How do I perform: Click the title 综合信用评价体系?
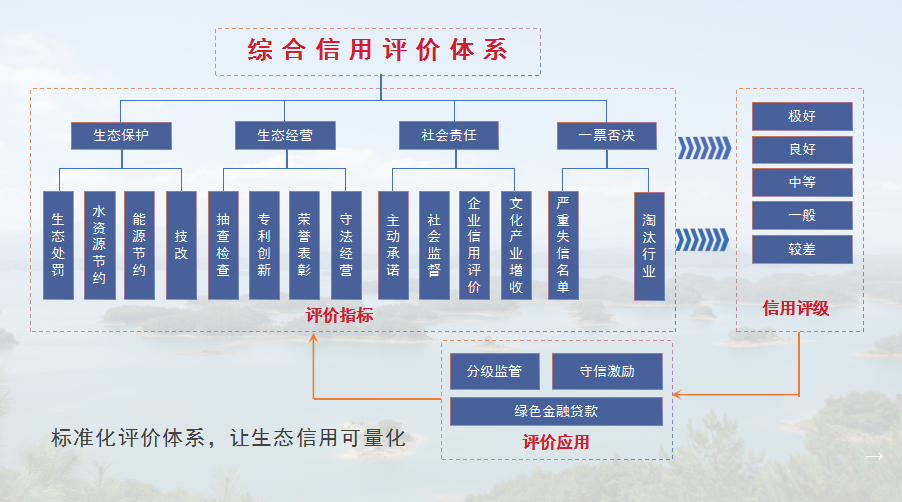point(378,51)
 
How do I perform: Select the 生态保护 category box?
point(121,135)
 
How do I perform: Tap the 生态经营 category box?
point(284,135)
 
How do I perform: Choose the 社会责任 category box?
point(448,135)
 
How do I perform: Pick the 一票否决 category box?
point(609,135)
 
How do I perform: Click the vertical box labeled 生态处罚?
point(59,245)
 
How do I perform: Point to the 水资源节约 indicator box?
point(99,245)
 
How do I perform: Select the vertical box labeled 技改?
point(181,245)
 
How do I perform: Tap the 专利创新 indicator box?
point(264,245)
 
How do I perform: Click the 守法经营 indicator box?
point(346,245)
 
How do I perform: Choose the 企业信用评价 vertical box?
point(475,245)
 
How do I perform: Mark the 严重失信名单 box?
point(564,245)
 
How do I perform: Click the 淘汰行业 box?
point(649,245)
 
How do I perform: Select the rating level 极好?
point(802,116)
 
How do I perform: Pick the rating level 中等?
point(802,183)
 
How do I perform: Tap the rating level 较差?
point(802,249)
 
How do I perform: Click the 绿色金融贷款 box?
point(556,411)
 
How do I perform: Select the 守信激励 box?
point(607,371)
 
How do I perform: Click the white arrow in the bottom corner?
point(874,457)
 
